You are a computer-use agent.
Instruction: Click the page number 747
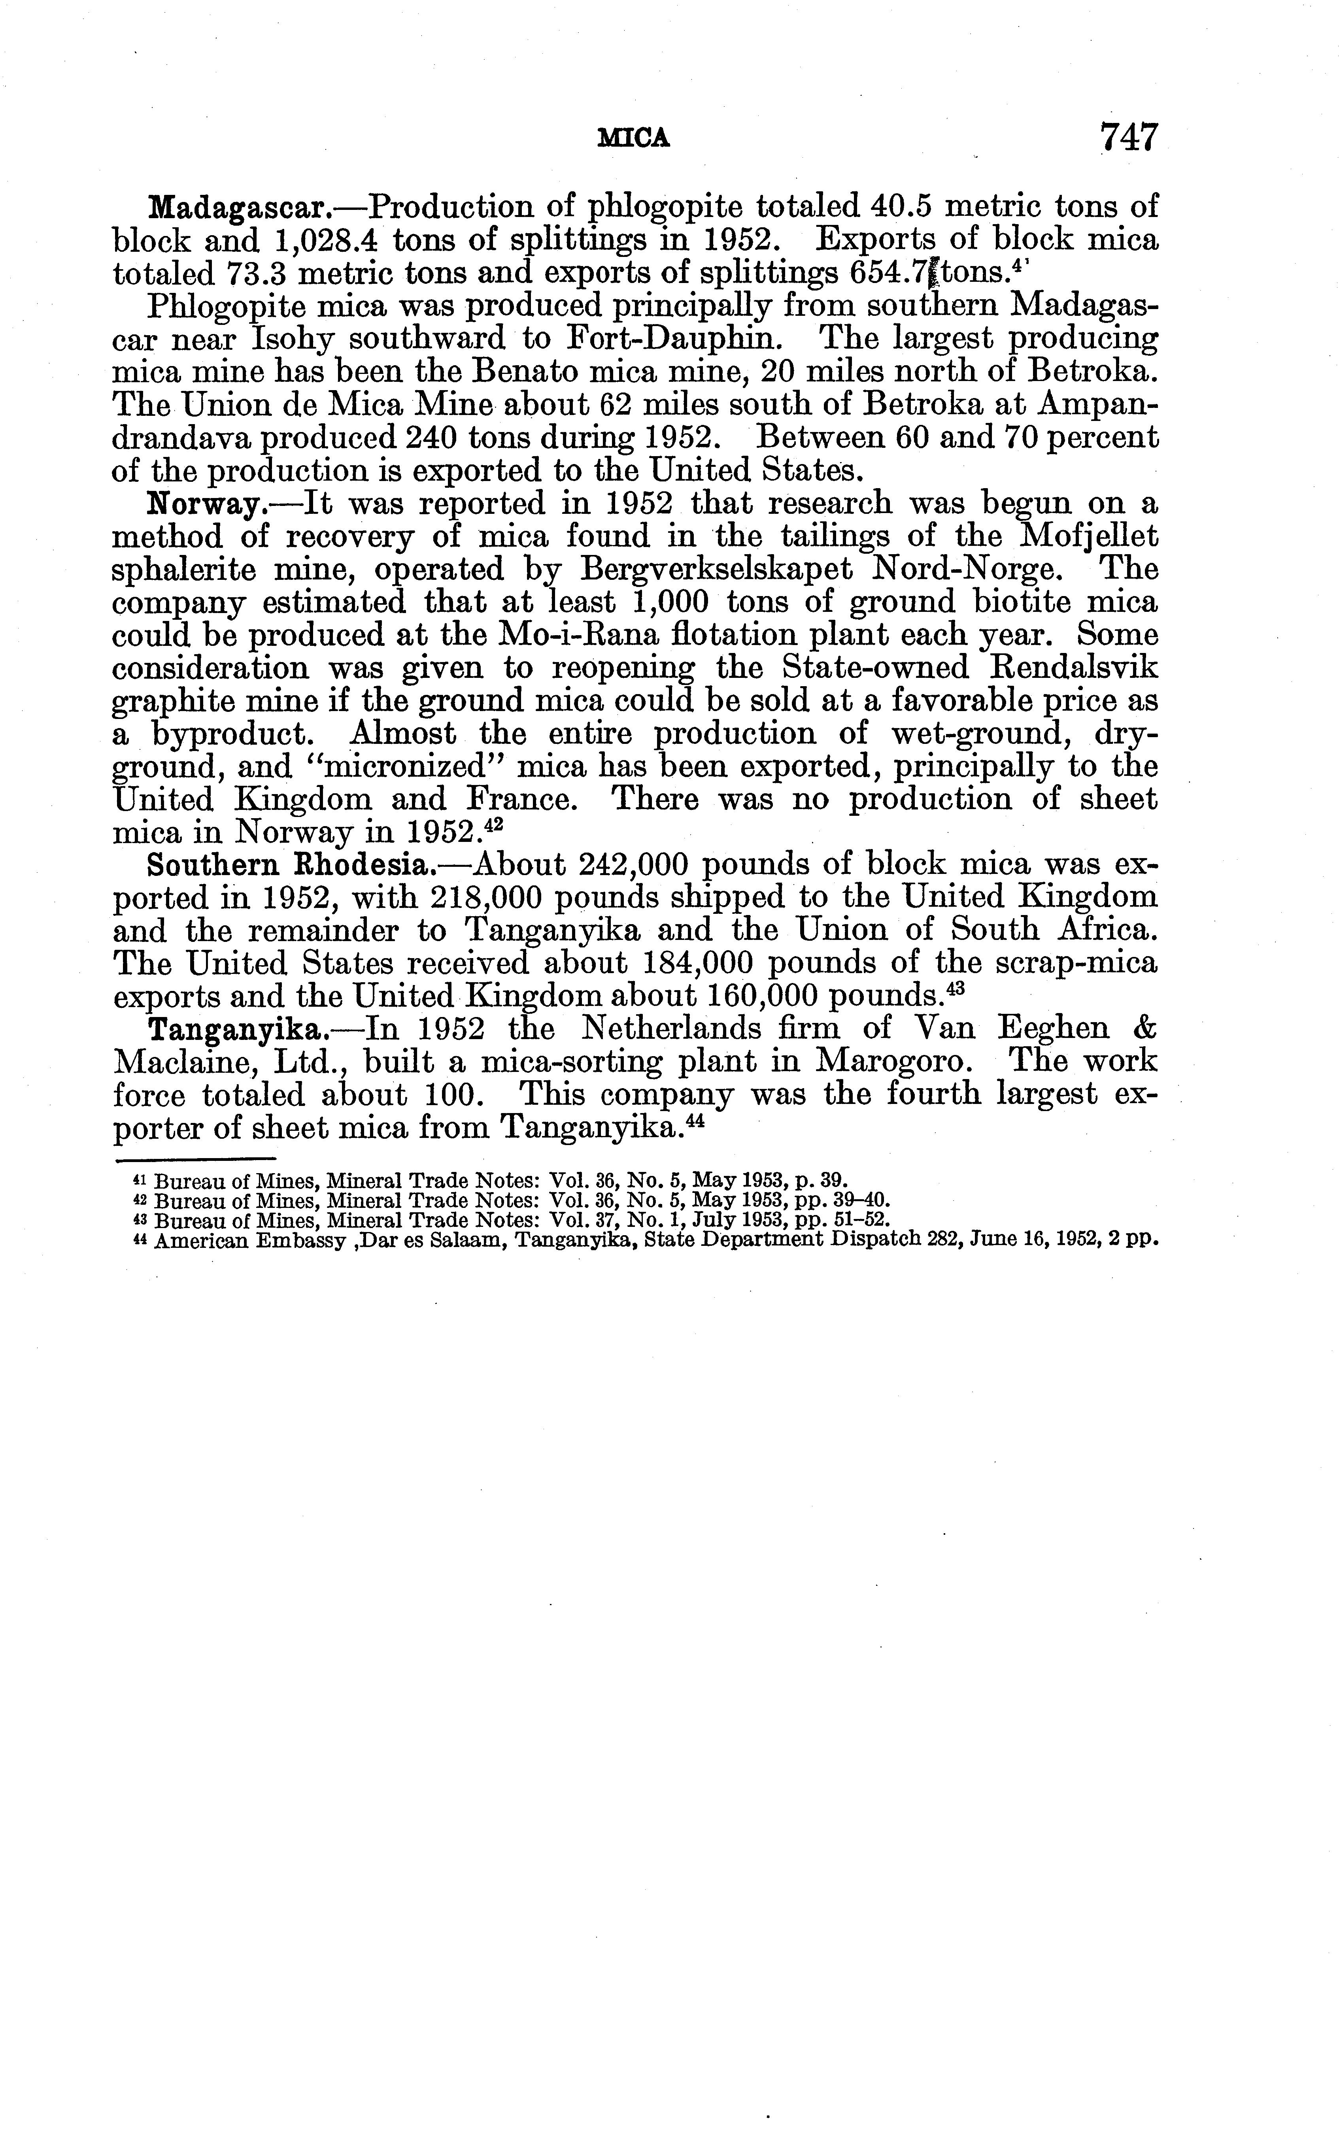coord(1128,138)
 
